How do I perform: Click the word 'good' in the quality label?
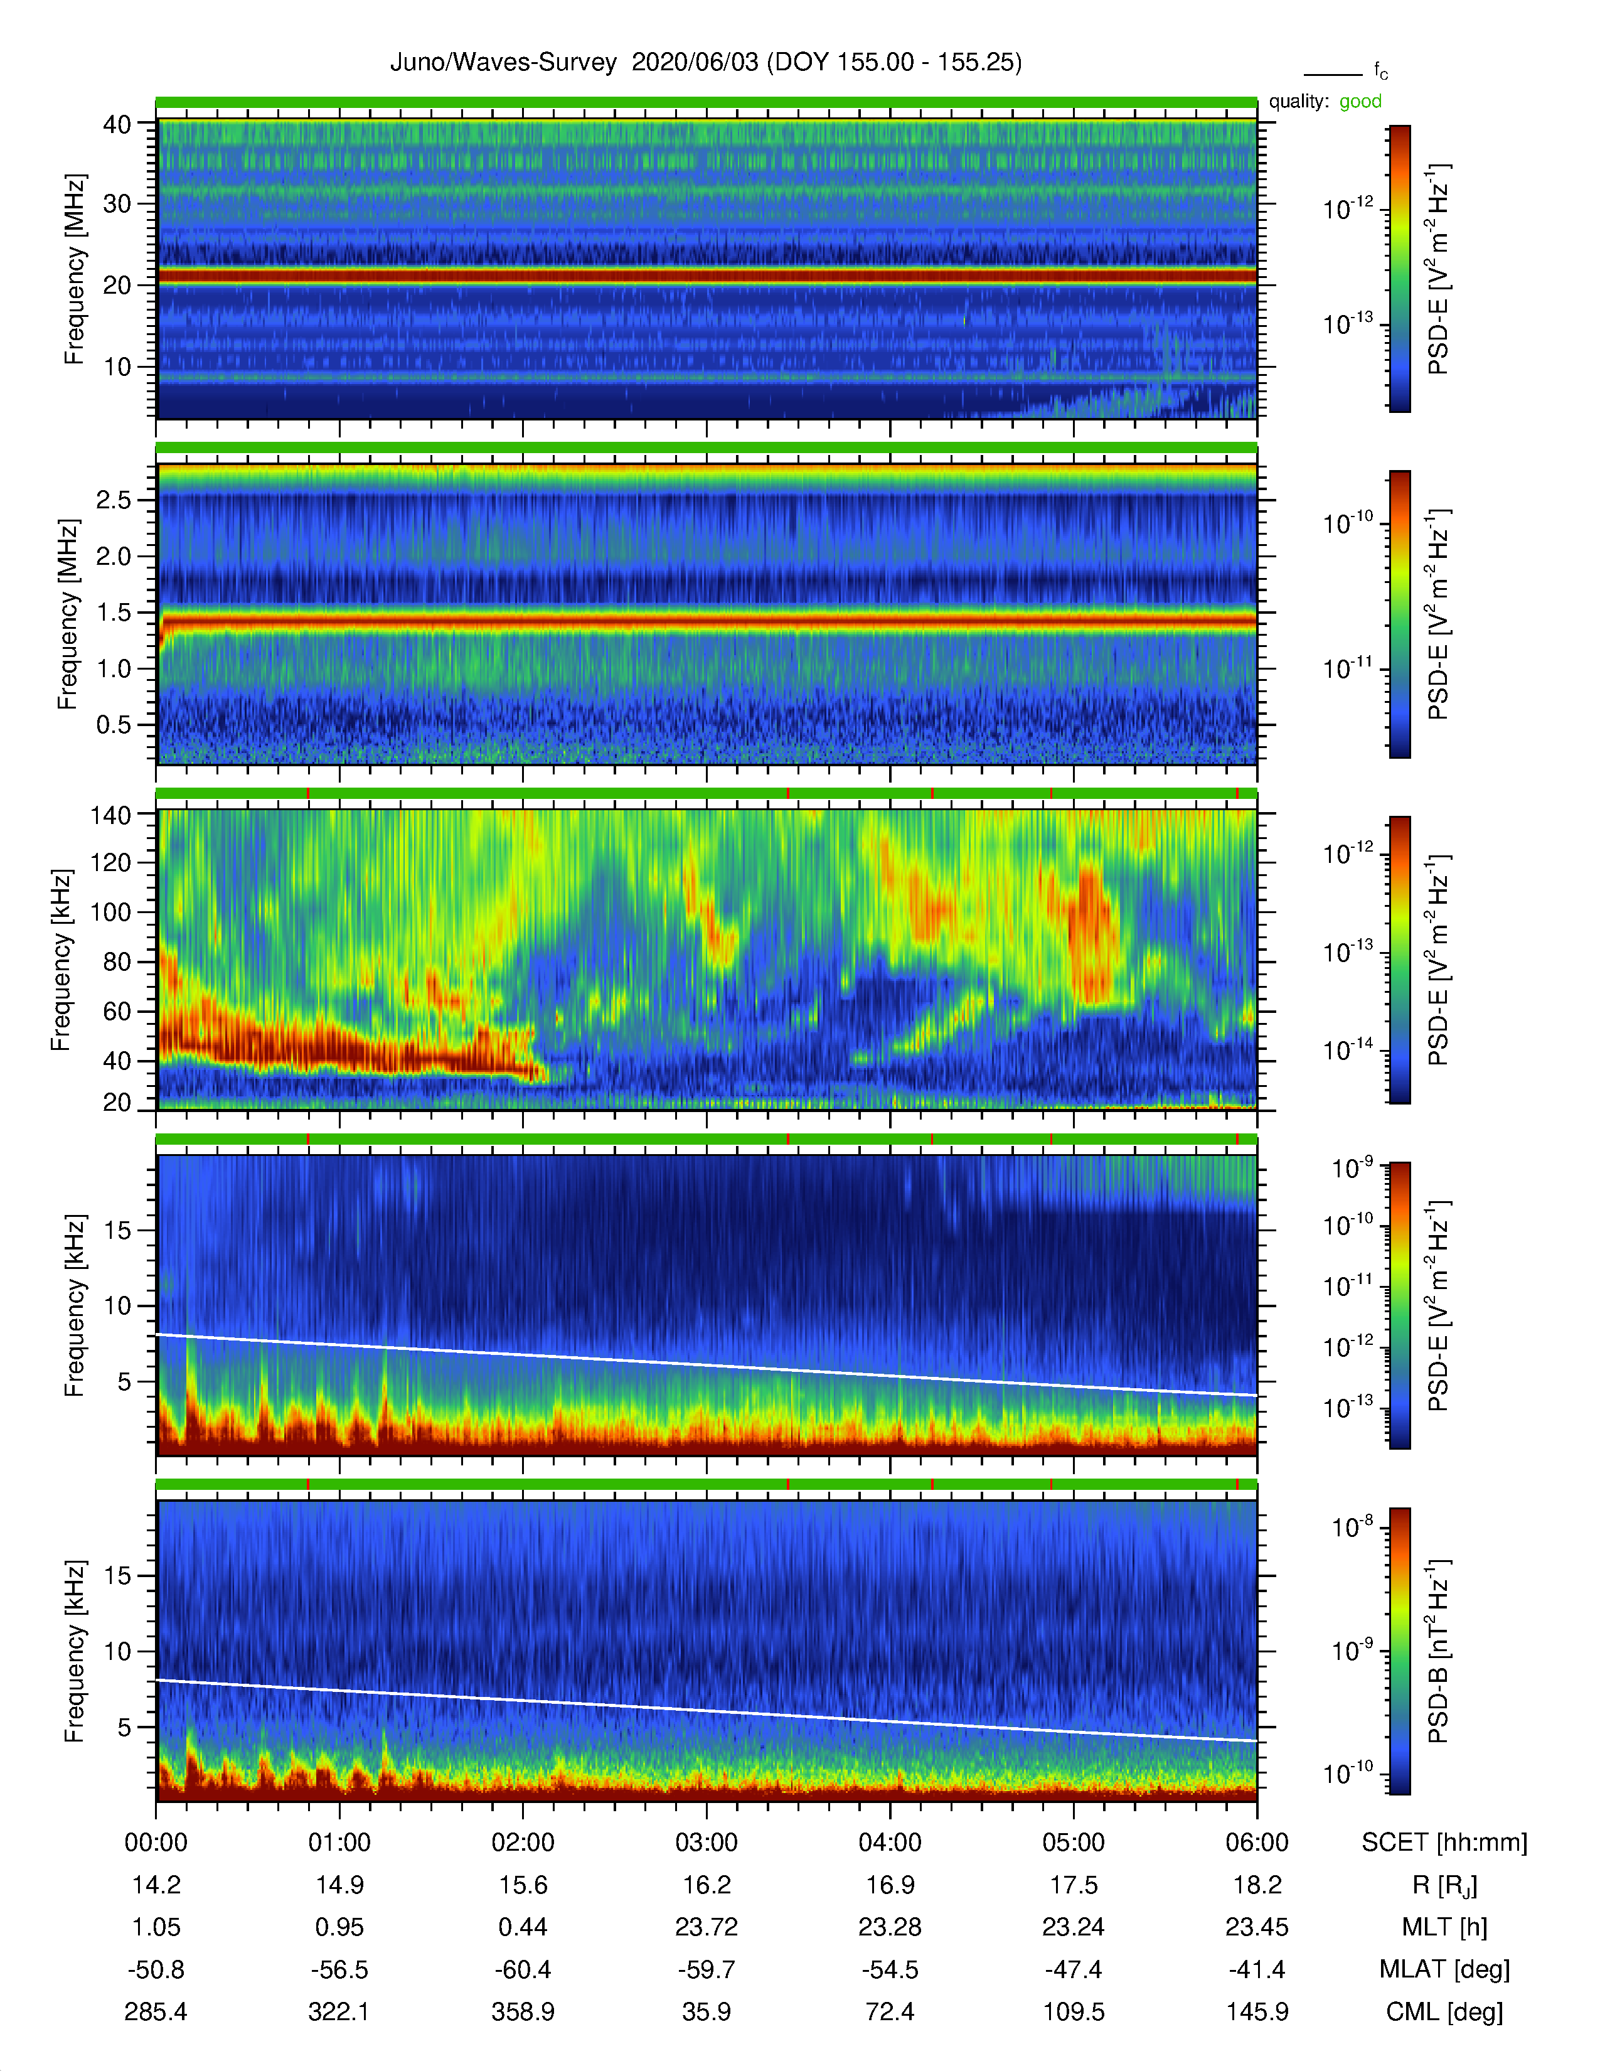[1360, 102]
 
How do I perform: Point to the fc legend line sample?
[1333, 74]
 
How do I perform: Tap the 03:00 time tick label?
[706, 1843]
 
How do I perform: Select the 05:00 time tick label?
[1073, 1843]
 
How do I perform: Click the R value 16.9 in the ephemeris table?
[890, 1885]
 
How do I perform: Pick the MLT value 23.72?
[706, 1927]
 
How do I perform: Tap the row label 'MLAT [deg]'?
[1444, 1969]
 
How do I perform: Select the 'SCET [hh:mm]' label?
[1444, 1843]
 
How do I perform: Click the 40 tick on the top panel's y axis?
[117, 124]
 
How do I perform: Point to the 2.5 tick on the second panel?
[114, 500]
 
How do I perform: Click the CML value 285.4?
[156, 2011]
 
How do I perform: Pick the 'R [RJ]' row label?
[1444, 1885]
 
